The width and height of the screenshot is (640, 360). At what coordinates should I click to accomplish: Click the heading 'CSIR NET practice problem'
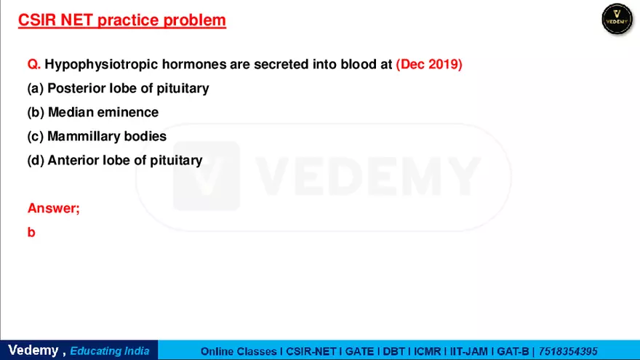coord(121,20)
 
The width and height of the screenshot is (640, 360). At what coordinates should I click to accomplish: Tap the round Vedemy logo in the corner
coord(617,19)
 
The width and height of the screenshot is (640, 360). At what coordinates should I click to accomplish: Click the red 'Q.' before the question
coord(34,64)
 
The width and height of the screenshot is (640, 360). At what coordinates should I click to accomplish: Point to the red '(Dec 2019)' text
coord(429,64)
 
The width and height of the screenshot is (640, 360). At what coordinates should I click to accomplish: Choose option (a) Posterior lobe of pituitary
coord(118,88)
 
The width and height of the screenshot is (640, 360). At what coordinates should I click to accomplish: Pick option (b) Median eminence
coord(92,112)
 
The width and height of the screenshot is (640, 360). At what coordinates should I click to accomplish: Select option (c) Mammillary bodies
coord(97,136)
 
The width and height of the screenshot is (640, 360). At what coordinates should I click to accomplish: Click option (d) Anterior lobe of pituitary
coord(115,160)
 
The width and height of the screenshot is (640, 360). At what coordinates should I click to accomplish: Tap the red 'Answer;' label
coord(53,208)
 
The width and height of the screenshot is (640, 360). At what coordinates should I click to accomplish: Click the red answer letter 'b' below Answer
coord(31,233)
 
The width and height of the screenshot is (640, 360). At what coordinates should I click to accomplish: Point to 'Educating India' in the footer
coord(110,351)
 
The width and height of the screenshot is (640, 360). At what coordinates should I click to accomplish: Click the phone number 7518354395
coord(568,351)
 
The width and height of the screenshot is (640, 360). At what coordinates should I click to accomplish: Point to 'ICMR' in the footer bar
coord(426,351)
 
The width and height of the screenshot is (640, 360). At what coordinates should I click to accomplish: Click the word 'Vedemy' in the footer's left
coord(33,351)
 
